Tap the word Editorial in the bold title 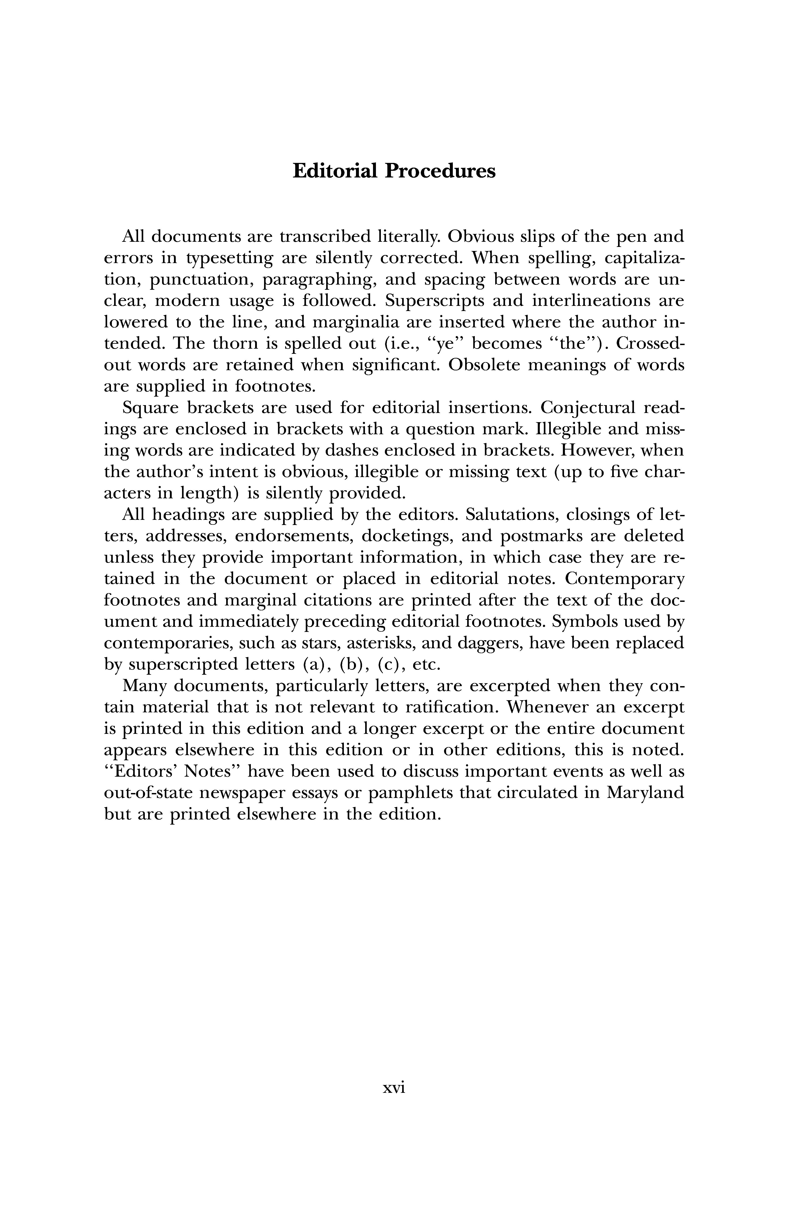pyautogui.click(x=334, y=171)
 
